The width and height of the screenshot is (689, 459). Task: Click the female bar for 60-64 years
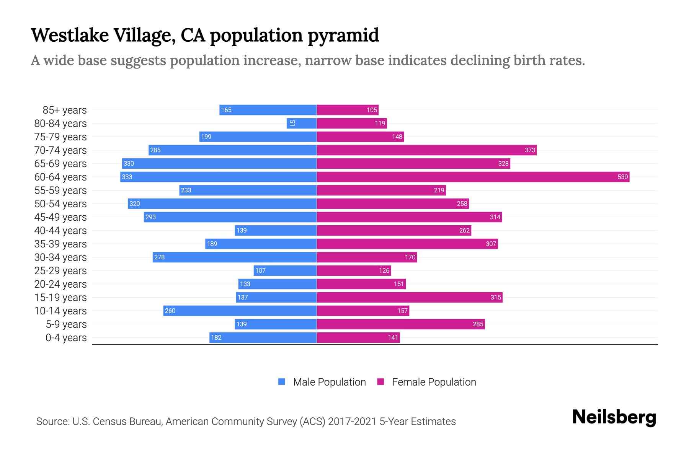[x=473, y=177]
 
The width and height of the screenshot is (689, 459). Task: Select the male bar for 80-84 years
[x=302, y=123]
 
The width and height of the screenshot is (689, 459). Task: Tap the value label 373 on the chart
[x=530, y=150]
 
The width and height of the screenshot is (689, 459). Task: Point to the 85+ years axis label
[x=64, y=110]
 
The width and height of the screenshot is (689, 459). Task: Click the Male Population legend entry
[x=329, y=382]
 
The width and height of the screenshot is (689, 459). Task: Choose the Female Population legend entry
[x=434, y=382]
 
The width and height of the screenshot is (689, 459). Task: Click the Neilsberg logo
[x=614, y=417]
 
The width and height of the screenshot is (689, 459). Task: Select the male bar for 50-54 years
[x=222, y=203]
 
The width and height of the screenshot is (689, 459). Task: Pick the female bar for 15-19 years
[x=410, y=297]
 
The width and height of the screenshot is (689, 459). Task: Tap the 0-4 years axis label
[x=66, y=338]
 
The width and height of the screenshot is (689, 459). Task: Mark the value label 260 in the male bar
[x=170, y=311]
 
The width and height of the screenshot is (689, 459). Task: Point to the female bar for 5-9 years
[x=401, y=324]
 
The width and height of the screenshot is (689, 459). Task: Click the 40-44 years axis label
[x=60, y=231]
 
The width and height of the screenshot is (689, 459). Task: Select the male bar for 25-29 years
[x=285, y=270]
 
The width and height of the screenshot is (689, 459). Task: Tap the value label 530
[x=622, y=177]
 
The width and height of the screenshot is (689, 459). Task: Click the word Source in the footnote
[x=52, y=422]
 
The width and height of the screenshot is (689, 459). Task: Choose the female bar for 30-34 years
[x=367, y=257]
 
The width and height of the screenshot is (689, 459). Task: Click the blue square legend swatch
[x=282, y=382]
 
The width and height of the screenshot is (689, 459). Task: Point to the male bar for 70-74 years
[x=232, y=150]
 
